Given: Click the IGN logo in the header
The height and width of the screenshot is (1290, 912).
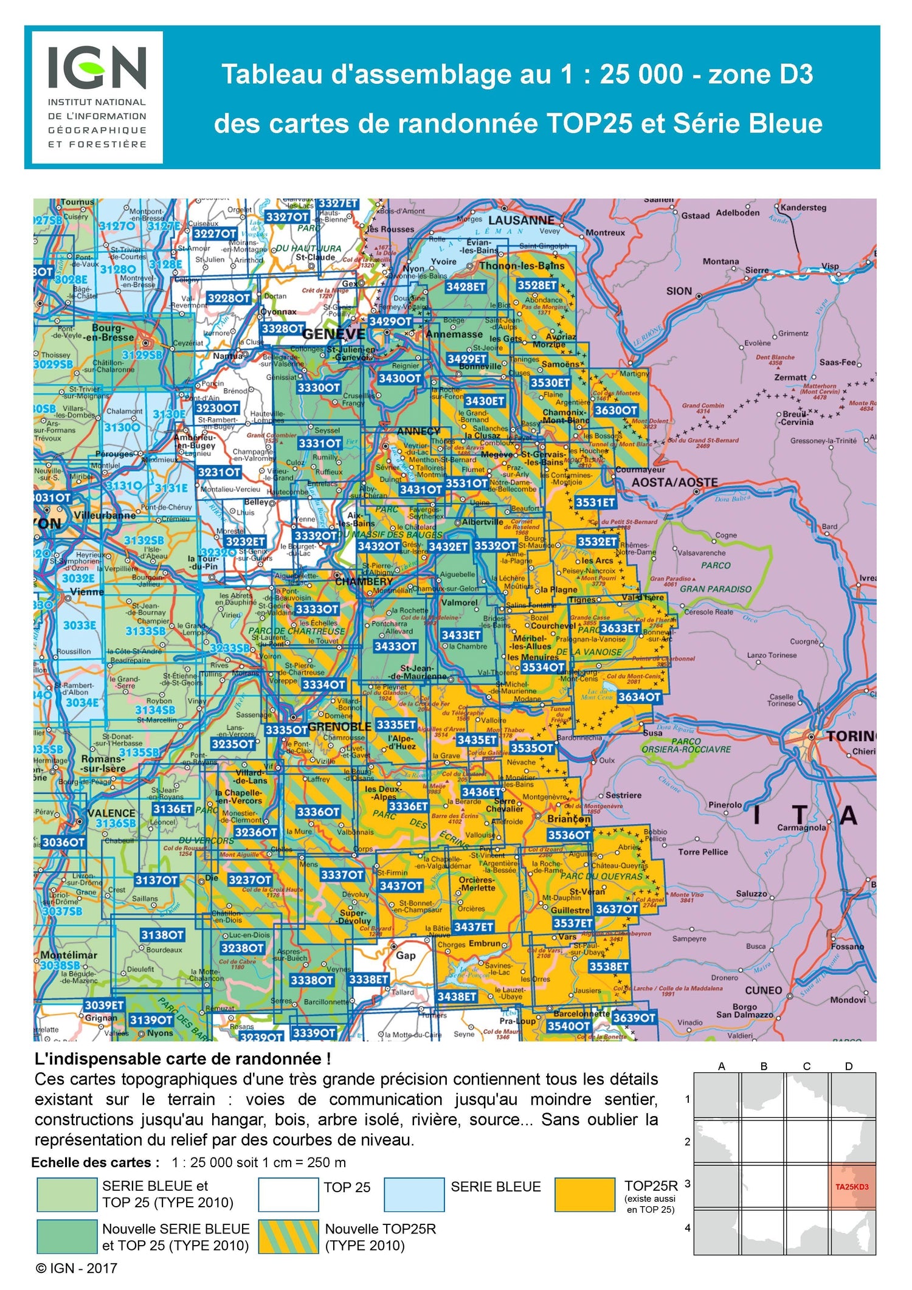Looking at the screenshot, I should (x=97, y=97).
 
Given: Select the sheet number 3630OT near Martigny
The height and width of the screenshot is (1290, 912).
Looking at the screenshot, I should (x=615, y=410).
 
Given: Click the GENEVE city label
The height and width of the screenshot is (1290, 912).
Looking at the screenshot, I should (x=334, y=334).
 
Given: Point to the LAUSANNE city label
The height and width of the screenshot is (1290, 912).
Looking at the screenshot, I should (x=521, y=221).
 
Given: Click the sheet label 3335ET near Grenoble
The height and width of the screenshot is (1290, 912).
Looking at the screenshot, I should (x=396, y=725).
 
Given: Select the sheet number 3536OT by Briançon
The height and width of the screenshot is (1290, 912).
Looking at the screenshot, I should (x=568, y=835).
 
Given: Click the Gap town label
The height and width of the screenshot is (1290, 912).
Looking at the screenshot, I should (x=406, y=955).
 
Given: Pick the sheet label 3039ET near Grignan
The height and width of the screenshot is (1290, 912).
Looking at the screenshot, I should (x=104, y=1005).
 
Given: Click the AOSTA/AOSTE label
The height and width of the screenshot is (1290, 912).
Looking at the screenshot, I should (x=674, y=483).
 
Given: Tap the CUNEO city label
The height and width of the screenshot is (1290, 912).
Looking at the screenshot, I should (x=763, y=990).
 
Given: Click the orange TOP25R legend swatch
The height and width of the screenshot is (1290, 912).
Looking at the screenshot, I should (x=585, y=1195).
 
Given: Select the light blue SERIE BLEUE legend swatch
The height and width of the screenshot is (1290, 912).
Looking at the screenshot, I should (x=414, y=1195).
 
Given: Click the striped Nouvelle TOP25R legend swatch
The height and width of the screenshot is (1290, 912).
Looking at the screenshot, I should (x=288, y=1237).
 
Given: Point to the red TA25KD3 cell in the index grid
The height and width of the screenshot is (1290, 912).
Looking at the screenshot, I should (x=852, y=1187).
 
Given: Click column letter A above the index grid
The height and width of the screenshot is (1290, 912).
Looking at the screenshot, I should (x=722, y=1066).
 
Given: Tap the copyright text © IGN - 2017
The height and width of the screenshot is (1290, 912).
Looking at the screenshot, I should (x=77, y=1269).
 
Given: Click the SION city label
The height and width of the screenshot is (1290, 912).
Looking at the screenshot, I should (x=679, y=291).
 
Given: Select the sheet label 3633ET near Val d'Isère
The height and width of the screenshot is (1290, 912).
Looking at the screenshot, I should (x=620, y=628).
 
